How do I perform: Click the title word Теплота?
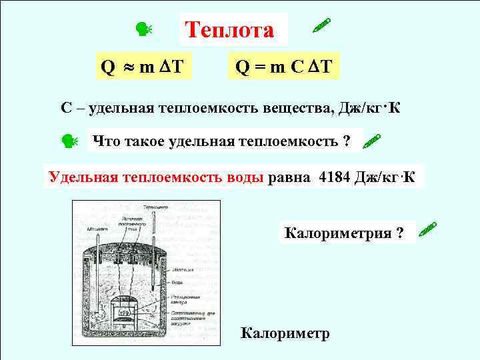(x=229, y=30)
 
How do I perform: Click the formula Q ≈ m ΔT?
(x=143, y=67)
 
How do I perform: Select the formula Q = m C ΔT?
(x=283, y=67)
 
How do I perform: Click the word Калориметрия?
(x=337, y=233)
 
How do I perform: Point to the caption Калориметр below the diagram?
(x=285, y=333)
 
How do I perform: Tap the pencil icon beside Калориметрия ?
(x=427, y=231)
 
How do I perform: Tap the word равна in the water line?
(x=289, y=177)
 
